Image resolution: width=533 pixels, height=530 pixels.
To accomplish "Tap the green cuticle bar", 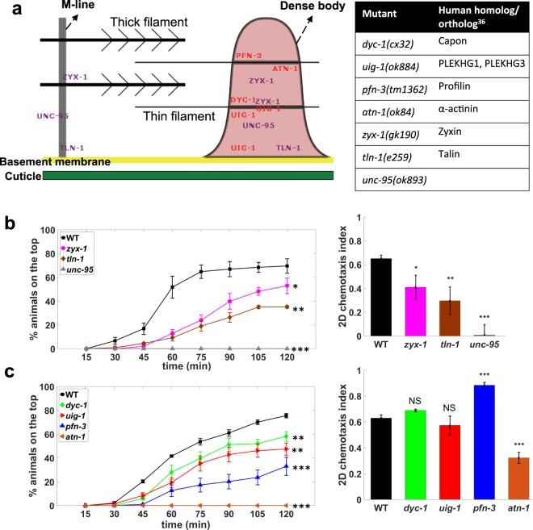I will (x=186, y=175).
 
